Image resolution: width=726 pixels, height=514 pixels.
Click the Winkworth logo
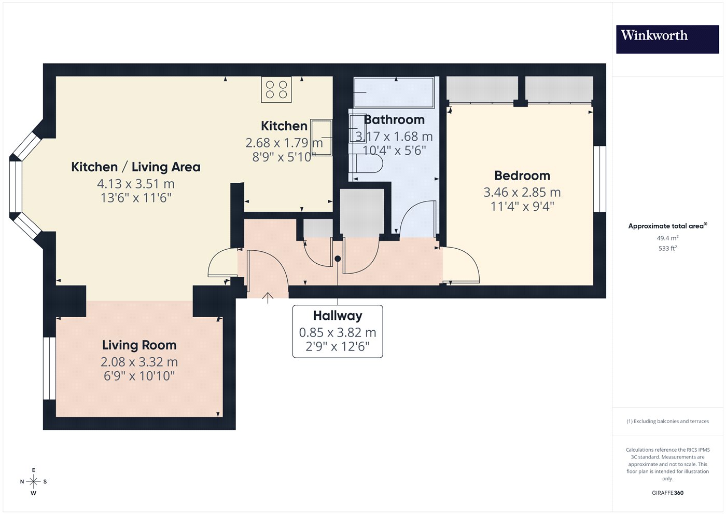coord(667,39)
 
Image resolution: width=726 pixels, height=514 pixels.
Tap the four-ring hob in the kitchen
coord(276,89)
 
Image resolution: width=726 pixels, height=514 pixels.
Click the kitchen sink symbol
coord(321,138)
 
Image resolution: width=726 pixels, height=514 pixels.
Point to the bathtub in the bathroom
coord(394,92)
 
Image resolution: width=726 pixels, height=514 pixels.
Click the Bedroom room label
coord(522,175)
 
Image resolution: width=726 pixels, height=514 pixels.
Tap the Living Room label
coord(139,345)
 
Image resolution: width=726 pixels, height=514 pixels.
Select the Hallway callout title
coord(338,316)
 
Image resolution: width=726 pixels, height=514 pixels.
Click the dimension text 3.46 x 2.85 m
coord(522,193)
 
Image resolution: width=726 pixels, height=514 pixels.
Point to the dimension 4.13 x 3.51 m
coord(136,184)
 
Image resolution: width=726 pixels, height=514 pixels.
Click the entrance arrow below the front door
coord(268,298)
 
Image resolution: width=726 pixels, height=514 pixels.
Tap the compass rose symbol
coord(33,482)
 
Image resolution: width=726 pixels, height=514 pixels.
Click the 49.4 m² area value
coord(668,238)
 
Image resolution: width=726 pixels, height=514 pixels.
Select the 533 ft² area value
coord(668,248)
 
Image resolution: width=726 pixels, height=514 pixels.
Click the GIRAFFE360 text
coord(668,493)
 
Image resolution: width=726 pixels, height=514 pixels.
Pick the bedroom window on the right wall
coord(600,179)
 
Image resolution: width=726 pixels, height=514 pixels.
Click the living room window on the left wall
coord(49,368)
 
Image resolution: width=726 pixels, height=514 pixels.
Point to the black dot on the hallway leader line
coord(338,259)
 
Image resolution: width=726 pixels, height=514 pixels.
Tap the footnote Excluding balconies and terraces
coord(668,421)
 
